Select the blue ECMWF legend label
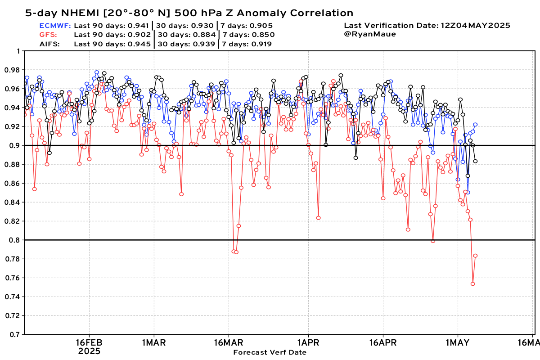[55, 26]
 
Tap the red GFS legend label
[48, 35]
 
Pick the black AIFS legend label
[49, 44]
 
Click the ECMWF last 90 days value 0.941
[138, 26]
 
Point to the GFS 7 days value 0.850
[264, 35]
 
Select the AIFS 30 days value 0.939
[204, 44]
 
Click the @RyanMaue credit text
[370, 34]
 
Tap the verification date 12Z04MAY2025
[475, 26]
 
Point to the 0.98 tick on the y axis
[12, 70]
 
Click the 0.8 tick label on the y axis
[14, 240]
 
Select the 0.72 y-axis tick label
[12, 316]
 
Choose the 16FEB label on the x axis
[89, 342]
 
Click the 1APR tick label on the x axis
[308, 342]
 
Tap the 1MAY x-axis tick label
[458, 342]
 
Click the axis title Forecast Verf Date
[270, 352]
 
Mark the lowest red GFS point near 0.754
[473, 284]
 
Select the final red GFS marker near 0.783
[475, 256]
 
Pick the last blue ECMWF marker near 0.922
[475, 125]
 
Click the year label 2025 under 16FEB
[89, 351]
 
